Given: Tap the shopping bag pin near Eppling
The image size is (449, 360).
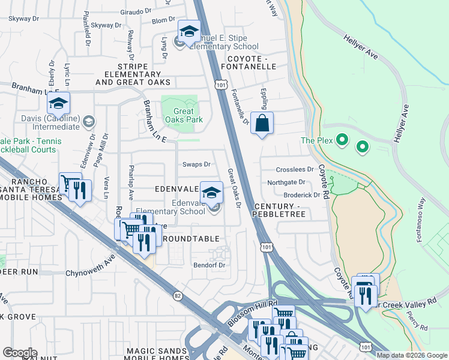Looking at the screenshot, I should click(x=262, y=124).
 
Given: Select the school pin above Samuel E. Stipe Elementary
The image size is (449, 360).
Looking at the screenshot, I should click(x=189, y=32).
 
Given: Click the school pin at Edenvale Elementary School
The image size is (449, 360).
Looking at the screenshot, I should click(x=211, y=193).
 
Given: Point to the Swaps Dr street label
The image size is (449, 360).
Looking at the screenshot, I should click(x=196, y=164).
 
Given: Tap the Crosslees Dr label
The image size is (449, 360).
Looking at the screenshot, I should click(x=295, y=170).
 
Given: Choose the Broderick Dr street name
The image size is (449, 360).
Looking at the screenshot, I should click(x=302, y=195).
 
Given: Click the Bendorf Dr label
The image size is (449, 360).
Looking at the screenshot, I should click(x=209, y=265).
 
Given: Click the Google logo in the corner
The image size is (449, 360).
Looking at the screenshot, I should click(x=19, y=353).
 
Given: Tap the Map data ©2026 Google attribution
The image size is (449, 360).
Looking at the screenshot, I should click(x=411, y=355).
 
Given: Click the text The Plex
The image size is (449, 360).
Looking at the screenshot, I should click(x=316, y=140).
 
